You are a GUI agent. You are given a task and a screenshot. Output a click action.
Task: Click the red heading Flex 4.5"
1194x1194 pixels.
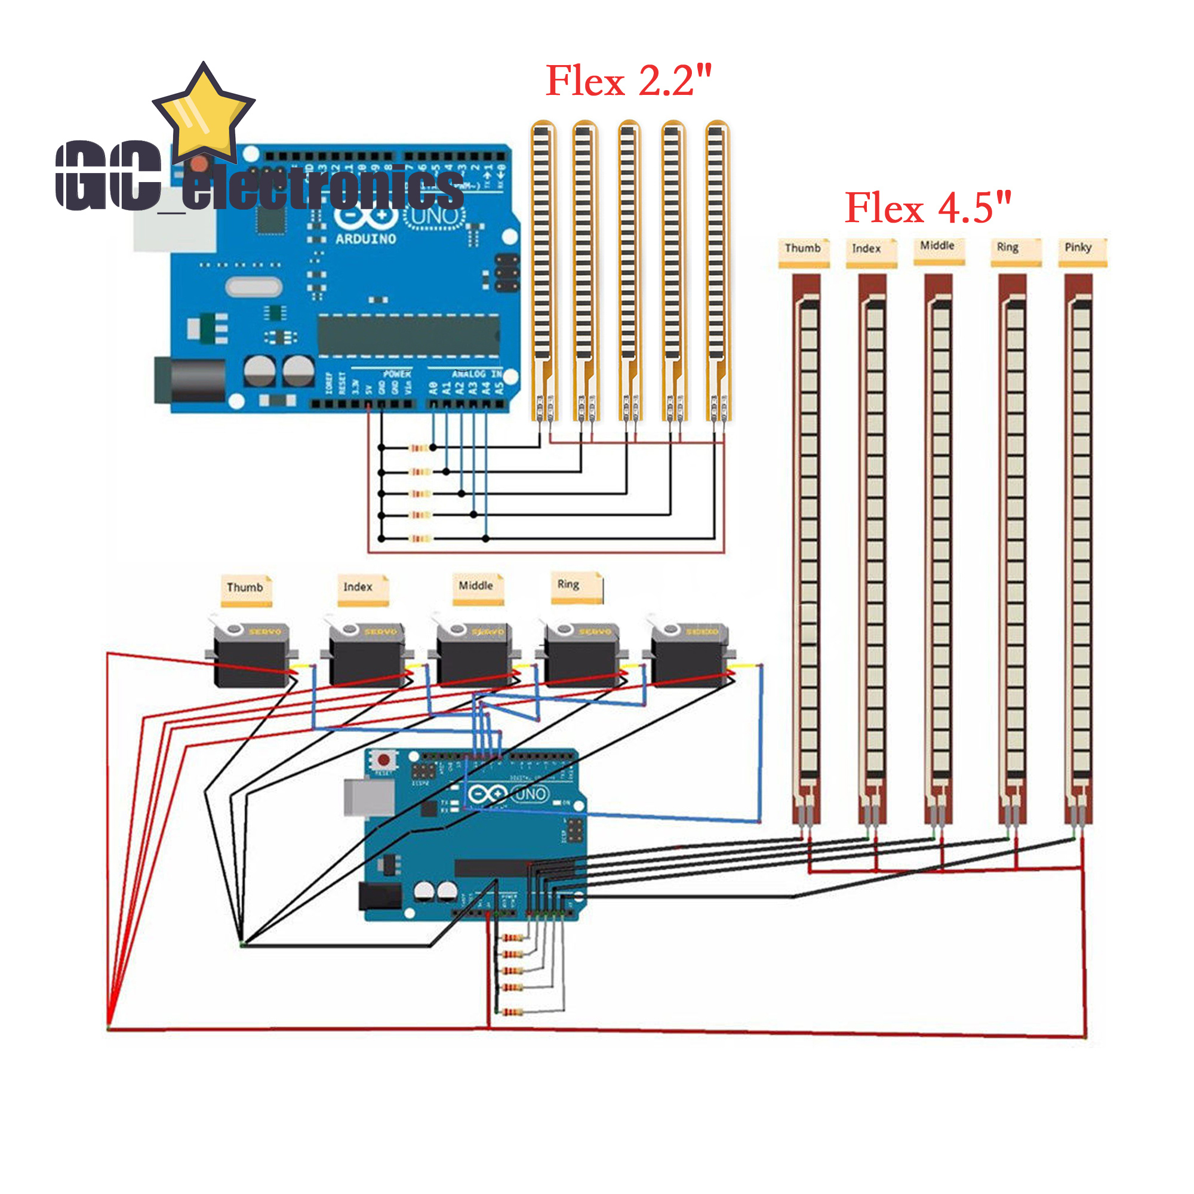click(x=928, y=208)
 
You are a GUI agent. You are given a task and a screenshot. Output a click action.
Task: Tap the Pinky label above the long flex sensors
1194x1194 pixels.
click(x=1078, y=248)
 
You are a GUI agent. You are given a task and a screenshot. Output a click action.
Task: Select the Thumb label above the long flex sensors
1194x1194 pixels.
click(x=802, y=248)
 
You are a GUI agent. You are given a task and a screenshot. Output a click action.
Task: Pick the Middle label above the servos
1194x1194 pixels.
click(x=475, y=586)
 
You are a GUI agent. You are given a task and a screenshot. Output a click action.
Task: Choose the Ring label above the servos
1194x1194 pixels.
click(x=568, y=584)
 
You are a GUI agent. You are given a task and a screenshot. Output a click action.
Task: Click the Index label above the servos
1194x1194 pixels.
click(x=358, y=587)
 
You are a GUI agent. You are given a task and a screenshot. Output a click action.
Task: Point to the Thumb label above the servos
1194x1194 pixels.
click(x=245, y=587)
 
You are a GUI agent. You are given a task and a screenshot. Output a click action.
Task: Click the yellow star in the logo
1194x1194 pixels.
click(x=204, y=115)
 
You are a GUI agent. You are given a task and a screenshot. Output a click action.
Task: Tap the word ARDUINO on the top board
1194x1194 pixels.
click(x=365, y=239)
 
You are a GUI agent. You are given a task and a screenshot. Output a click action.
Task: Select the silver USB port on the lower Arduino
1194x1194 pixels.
click(x=369, y=796)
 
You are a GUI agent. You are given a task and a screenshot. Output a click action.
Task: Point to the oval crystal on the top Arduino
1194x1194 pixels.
click(x=253, y=287)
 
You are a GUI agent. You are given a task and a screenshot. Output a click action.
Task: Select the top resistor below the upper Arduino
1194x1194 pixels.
click(x=420, y=447)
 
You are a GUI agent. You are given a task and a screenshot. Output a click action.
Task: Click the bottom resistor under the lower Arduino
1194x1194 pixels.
click(x=512, y=1012)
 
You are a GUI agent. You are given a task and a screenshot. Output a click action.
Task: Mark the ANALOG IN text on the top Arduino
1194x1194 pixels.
click(x=476, y=374)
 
